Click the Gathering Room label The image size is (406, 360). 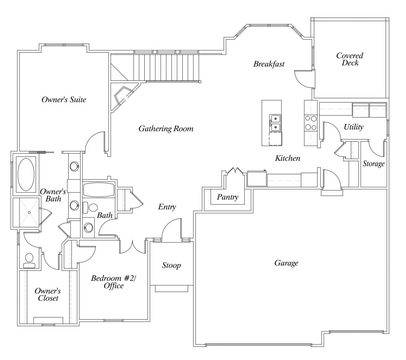[166, 129]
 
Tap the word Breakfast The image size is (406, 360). [269, 64]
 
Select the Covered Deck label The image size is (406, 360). [350, 59]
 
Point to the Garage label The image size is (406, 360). [286, 263]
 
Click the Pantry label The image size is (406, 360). [228, 197]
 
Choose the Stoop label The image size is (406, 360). [171, 265]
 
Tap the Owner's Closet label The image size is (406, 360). [48, 294]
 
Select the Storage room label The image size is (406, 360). [373, 164]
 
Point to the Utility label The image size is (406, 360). [354, 127]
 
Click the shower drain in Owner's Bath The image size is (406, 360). [29, 212]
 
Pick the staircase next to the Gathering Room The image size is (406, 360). [167, 67]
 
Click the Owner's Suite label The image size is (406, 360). [64, 100]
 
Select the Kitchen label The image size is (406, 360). [288, 158]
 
